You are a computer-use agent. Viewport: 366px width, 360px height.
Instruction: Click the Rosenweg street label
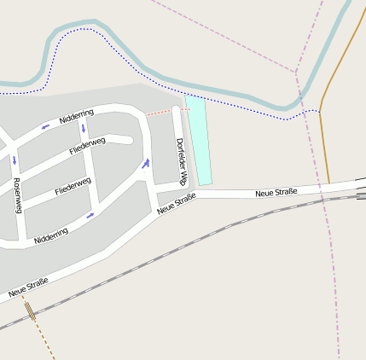pyautogui.click(x=17, y=195)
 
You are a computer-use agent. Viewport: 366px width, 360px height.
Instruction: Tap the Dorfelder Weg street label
pyautogui.click(x=181, y=161)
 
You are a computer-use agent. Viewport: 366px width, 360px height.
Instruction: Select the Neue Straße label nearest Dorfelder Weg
pyautogui.click(x=177, y=203)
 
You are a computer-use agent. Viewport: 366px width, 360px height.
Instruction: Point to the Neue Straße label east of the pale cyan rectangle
pyautogui.click(x=276, y=193)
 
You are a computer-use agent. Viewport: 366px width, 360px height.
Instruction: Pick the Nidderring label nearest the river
pyautogui.click(x=77, y=117)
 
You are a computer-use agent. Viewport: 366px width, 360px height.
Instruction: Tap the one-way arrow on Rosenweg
pyautogui.click(x=14, y=160)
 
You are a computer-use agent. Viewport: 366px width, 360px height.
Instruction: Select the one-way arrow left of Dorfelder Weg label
pyautogui.click(x=146, y=163)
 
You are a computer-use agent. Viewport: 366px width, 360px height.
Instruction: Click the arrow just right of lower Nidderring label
pyautogui.click(x=90, y=216)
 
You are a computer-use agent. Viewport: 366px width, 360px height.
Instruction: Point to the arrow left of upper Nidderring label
pyautogui.click(x=45, y=127)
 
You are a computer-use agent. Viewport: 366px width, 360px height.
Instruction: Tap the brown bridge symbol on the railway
pyautogui.click(x=31, y=311)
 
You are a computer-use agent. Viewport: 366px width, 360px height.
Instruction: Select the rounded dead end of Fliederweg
pyautogui.click(x=129, y=139)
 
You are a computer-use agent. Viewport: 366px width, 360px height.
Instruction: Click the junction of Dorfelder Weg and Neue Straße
pyautogui.click(x=189, y=196)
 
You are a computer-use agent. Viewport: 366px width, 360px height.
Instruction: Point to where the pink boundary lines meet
pyautogui.click(x=297, y=72)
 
